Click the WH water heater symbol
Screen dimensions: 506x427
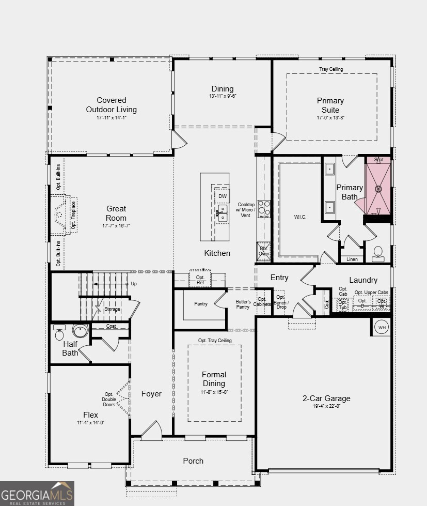[x=382, y=327]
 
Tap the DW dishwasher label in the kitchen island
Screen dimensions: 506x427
[x=223, y=196]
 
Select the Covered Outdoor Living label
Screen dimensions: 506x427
[x=111, y=105]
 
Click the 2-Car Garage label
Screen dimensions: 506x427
[x=326, y=398]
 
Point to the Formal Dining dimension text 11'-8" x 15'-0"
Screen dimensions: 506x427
[x=214, y=392]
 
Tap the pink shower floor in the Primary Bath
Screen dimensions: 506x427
[x=378, y=189]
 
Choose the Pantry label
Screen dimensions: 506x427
[x=201, y=304]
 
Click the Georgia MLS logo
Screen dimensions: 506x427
[x=37, y=493]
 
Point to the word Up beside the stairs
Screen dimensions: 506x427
[x=134, y=284]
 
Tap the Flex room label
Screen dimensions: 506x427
[x=90, y=415]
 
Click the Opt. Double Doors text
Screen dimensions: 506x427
[x=109, y=400]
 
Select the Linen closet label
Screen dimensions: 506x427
[x=352, y=259]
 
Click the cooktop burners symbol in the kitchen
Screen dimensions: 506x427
[x=264, y=208]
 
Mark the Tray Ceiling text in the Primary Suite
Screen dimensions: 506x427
[x=330, y=69]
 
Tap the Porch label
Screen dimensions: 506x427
[x=193, y=461]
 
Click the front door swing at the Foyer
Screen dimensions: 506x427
[x=152, y=431]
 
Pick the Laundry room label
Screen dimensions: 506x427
[x=363, y=280]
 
